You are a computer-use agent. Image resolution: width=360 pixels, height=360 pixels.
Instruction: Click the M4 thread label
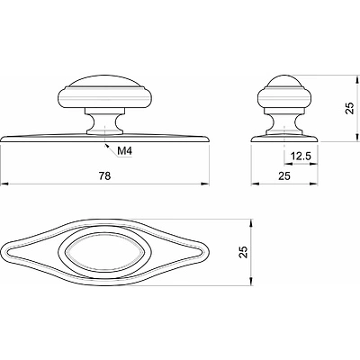tap(124, 151)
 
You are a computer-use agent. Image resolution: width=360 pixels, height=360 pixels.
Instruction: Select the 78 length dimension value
tap(105, 175)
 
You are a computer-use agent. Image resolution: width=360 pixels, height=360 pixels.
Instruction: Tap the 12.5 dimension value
tap(301, 157)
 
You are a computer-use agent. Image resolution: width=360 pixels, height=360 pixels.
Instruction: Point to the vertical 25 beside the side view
tap(350, 108)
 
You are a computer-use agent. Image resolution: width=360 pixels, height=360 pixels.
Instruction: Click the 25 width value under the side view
tap(284, 175)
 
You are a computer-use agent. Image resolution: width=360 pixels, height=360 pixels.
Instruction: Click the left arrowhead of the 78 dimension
tap(4, 184)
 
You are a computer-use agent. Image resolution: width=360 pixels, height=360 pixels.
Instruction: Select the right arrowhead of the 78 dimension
tap(205, 184)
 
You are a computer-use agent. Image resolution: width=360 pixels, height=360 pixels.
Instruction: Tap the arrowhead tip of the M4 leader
tap(104, 145)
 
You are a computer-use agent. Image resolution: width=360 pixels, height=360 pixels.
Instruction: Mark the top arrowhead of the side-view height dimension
tap(356, 79)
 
